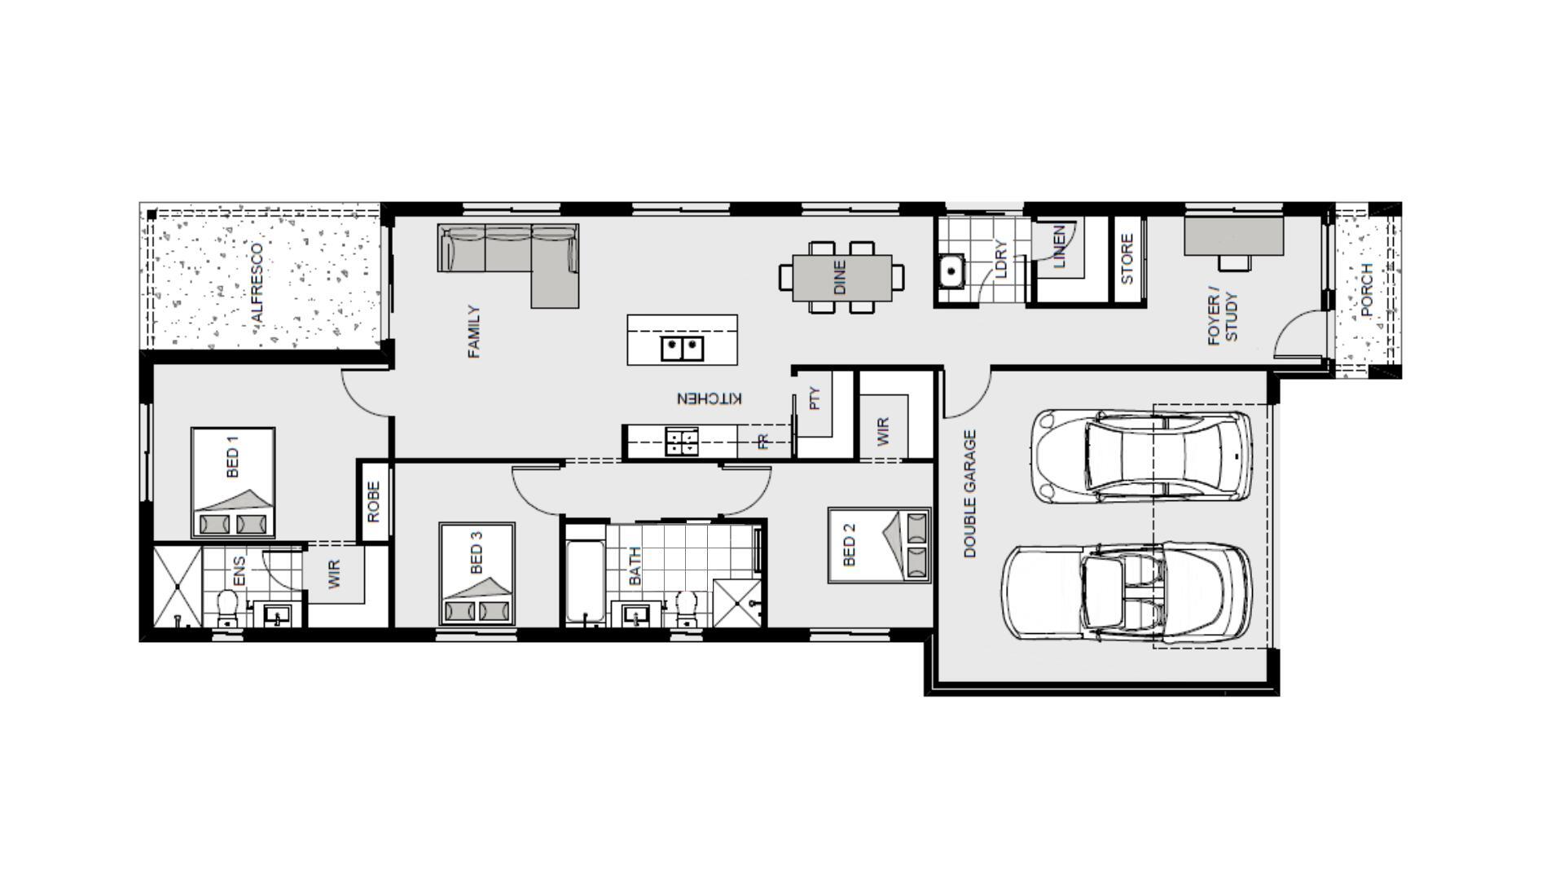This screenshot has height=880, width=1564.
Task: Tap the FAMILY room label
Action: click(474, 332)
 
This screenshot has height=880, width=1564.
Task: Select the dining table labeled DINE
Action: click(841, 277)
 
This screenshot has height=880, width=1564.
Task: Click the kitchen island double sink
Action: click(682, 349)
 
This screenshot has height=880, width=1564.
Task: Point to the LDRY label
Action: click(1001, 259)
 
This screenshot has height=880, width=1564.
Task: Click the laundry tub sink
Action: click(951, 271)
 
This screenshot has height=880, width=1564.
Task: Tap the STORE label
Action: click(1127, 259)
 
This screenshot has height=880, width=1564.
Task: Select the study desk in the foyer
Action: click(1234, 235)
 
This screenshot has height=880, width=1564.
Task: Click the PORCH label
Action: click(1367, 290)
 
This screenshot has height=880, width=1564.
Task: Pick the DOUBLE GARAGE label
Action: click(969, 494)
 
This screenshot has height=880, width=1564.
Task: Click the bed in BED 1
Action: click(233, 483)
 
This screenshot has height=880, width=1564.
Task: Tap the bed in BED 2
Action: click(880, 545)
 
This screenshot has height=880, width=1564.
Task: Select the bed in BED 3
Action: click(477, 574)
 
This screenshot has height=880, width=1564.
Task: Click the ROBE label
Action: click(374, 501)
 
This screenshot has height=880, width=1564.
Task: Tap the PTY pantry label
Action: click(815, 398)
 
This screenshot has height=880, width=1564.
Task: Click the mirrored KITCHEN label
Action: click(710, 398)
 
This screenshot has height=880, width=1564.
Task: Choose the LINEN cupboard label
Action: click(1059, 247)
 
